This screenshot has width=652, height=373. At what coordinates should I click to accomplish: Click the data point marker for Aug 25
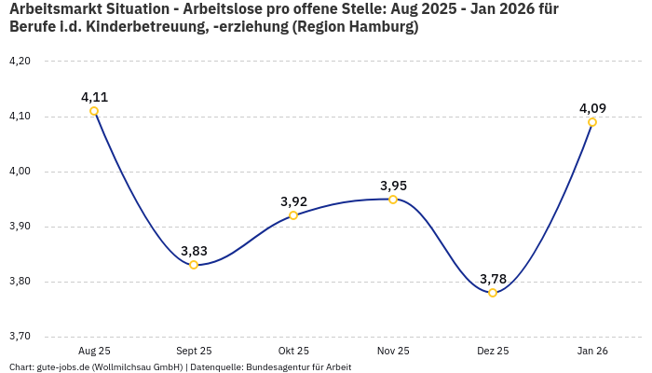click(94, 111)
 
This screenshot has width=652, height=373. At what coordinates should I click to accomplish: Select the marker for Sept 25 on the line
click(194, 265)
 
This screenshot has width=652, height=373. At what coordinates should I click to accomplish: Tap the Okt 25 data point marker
click(293, 215)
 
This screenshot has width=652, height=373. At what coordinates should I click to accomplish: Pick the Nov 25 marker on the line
click(393, 200)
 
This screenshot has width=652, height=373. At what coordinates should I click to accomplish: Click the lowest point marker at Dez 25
click(493, 293)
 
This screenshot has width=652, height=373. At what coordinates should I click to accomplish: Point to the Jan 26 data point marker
click(592, 122)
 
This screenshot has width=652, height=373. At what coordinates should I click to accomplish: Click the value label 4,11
click(94, 97)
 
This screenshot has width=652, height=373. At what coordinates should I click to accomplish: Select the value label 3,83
click(194, 251)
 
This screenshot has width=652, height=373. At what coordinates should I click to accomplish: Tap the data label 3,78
click(493, 279)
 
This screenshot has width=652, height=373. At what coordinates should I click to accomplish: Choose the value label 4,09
click(592, 108)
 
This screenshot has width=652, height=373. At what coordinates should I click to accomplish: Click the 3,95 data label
click(393, 186)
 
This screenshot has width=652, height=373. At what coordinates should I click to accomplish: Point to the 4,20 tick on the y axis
click(20, 62)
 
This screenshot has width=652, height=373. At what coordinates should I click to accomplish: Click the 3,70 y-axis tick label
click(20, 337)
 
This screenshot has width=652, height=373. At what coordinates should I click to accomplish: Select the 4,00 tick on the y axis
click(20, 172)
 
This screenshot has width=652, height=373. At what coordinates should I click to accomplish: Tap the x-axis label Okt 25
click(293, 351)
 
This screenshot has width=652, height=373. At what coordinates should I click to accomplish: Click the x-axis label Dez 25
click(493, 351)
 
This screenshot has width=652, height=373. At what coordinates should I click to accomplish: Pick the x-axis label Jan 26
click(592, 351)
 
